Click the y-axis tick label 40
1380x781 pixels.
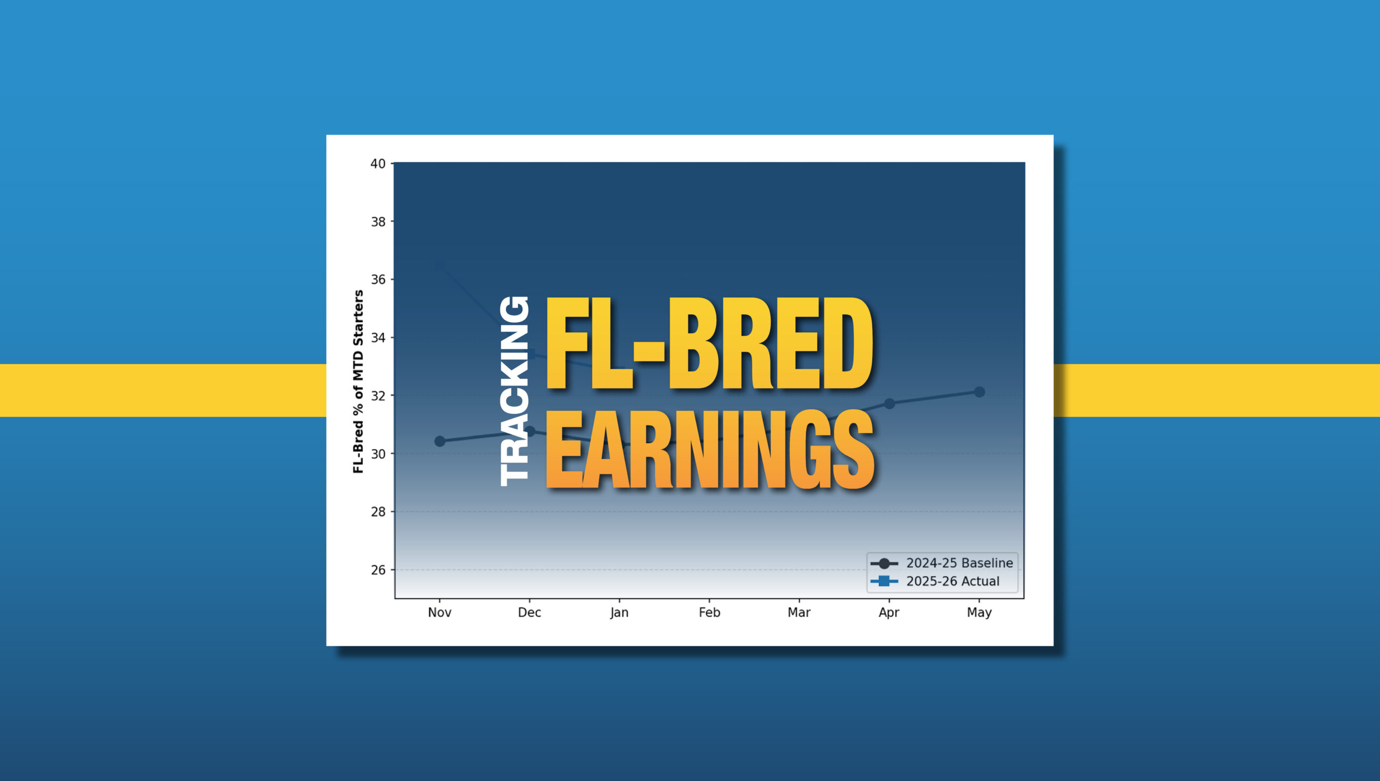(378, 163)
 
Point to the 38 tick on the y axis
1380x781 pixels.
(378, 222)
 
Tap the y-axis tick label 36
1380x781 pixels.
(378, 279)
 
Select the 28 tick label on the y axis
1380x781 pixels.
(378, 512)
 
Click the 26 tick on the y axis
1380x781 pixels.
(378, 570)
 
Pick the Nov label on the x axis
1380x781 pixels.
(439, 612)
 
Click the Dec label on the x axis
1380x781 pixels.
(529, 612)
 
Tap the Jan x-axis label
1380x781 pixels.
(619, 613)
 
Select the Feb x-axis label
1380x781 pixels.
(709, 612)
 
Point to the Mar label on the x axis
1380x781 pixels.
(799, 612)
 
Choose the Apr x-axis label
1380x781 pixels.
(889, 613)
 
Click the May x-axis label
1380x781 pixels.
(979, 613)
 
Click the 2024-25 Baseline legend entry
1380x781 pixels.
(942, 563)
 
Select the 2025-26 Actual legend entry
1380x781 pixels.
(935, 581)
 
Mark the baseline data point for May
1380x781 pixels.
(979, 392)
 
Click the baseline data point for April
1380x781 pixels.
(889, 403)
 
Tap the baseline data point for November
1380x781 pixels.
(440, 441)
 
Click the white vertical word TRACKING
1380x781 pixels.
(514, 391)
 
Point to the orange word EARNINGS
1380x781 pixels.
(710, 450)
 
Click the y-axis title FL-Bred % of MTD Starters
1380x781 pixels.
(358, 381)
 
